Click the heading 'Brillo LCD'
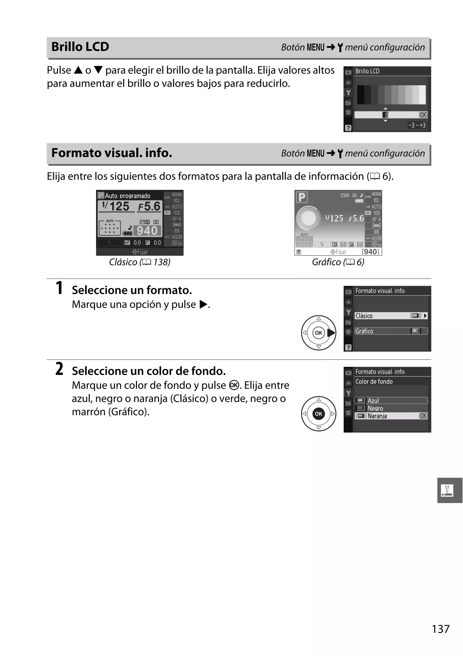80,47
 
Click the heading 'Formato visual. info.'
112,153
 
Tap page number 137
440,629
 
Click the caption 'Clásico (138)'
140,262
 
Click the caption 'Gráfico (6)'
338,262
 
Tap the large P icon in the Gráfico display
302,197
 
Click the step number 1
59,288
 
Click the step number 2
59,369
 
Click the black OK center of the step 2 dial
319,414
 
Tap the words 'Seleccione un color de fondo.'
149,371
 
